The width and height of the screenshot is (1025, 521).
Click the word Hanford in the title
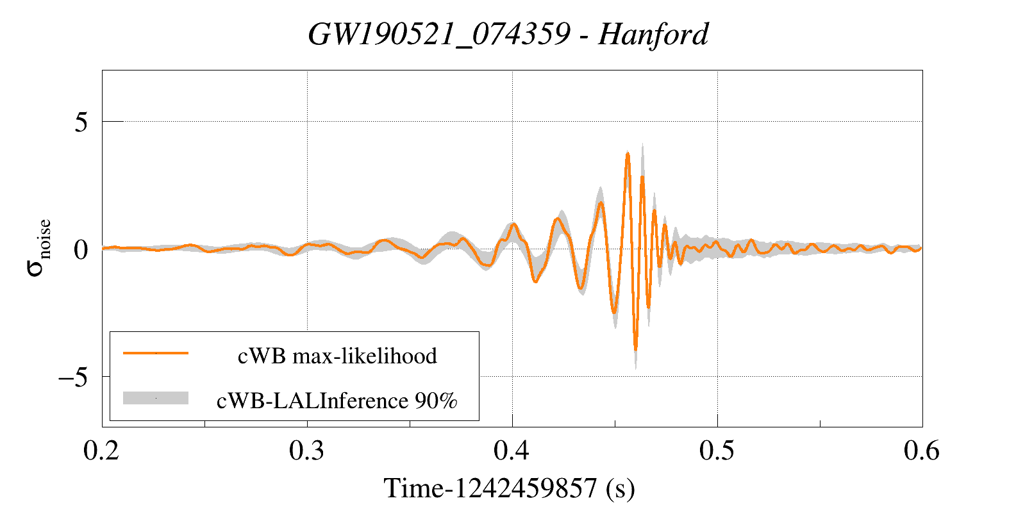point(653,35)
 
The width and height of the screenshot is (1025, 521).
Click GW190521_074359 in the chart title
point(439,35)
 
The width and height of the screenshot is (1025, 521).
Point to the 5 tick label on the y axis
point(81,122)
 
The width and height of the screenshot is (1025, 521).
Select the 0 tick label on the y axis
point(81,249)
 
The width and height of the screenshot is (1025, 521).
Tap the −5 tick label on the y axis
point(73,377)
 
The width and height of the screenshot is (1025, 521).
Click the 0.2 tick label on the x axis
point(102,451)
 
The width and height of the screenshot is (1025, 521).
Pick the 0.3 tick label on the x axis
point(307,451)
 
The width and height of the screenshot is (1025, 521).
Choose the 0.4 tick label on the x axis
point(512,451)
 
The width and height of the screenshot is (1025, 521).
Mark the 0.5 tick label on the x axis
point(717,451)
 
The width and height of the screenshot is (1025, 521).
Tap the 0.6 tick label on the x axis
point(922,451)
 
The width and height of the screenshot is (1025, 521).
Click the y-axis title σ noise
point(38,248)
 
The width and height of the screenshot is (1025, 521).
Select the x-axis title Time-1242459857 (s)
point(509,489)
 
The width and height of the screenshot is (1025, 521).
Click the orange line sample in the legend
point(156,353)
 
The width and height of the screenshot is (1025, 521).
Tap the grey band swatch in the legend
point(156,398)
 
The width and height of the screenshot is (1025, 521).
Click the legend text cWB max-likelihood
point(337,356)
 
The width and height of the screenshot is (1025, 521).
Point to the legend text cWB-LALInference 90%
point(337,401)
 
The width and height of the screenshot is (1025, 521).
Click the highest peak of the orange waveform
point(628,153)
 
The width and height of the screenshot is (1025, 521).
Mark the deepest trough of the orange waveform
point(635,349)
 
